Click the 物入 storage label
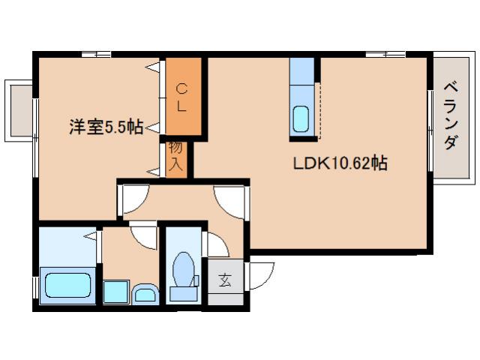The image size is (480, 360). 175,157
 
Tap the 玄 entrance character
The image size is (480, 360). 225,281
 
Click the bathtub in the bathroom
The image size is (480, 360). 67,285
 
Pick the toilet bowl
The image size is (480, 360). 182,271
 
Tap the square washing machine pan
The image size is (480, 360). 115,290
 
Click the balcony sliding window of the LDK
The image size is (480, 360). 430,120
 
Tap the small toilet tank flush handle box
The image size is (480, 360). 196,282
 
